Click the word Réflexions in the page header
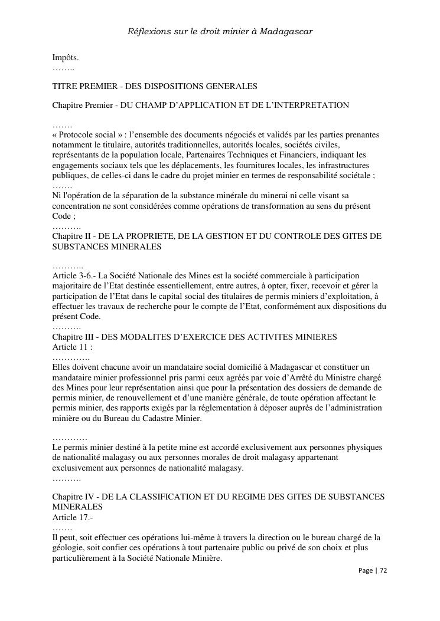[148, 31]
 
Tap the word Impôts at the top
[65, 58]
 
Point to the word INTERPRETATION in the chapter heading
[309, 105]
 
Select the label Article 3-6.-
[74, 275]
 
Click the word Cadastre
[155, 419]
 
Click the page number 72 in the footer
[383, 571]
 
